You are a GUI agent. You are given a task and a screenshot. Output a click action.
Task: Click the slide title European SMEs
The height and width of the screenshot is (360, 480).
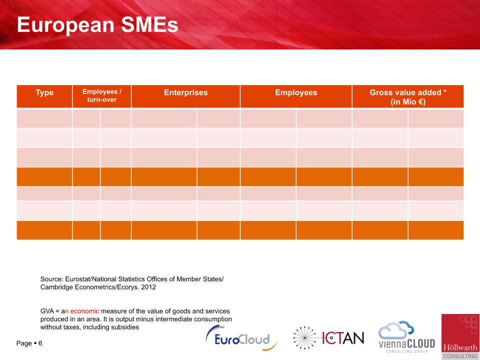[x=97, y=24]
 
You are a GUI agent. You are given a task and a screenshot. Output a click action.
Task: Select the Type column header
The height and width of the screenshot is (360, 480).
[x=44, y=92]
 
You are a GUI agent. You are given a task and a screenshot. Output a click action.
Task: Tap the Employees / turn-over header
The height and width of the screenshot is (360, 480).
[x=101, y=95]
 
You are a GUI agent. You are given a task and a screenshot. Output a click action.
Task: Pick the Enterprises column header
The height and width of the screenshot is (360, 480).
[x=186, y=92]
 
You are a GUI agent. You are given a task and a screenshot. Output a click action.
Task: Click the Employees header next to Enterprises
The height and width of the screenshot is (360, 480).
[x=296, y=92]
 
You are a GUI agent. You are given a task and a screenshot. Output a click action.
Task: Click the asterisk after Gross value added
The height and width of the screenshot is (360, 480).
[x=445, y=91]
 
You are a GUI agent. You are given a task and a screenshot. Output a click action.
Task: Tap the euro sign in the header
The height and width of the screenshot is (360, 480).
[x=421, y=101]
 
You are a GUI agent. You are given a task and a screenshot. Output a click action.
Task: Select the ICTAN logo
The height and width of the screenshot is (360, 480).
[x=328, y=337]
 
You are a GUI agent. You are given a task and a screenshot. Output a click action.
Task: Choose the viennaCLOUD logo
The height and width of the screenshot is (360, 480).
[x=406, y=337]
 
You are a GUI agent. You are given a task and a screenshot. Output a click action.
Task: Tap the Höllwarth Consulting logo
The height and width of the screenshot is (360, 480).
[x=460, y=336]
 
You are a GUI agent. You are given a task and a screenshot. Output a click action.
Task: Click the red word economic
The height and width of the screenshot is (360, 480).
[x=85, y=311]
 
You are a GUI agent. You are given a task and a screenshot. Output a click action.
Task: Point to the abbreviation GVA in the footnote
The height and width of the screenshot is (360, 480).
[x=47, y=311]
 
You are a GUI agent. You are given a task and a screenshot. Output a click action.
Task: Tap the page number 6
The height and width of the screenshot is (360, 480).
[x=40, y=343]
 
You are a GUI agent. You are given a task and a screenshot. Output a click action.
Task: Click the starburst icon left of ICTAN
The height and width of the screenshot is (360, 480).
[x=304, y=337]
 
